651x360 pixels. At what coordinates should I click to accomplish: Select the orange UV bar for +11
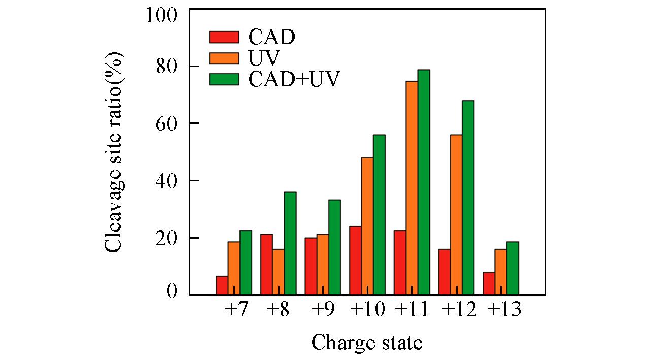click(x=412, y=188)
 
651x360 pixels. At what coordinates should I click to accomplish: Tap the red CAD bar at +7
click(x=222, y=285)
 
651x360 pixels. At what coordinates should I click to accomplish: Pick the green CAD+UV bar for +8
click(x=290, y=243)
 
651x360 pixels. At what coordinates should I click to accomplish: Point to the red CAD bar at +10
click(x=355, y=260)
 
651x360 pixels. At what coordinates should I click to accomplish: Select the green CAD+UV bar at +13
click(x=512, y=268)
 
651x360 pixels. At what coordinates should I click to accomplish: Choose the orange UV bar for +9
click(x=323, y=264)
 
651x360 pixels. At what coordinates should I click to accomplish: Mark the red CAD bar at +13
click(x=489, y=283)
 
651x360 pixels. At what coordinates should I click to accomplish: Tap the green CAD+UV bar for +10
click(x=379, y=214)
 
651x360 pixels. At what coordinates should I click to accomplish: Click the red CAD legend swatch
click(x=224, y=37)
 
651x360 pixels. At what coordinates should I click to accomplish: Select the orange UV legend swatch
click(x=224, y=58)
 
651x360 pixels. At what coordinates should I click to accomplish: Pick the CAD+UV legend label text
click(x=293, y=79)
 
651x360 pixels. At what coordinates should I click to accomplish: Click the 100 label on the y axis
click(x=161, y=16)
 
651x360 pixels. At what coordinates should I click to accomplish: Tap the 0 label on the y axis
click(x=173, y=291)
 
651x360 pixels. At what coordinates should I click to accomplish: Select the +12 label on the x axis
click(x=459, y=310)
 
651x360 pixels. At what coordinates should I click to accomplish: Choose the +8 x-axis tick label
click(x=278, y=310)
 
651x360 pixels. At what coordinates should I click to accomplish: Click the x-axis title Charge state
click(x=366, y=343)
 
